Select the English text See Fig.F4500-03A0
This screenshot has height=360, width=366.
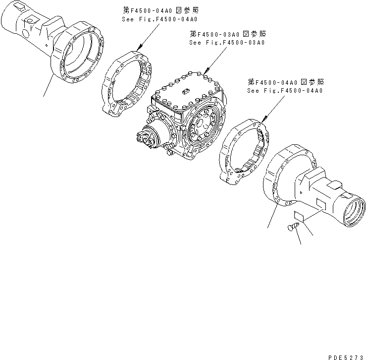pos(227,43)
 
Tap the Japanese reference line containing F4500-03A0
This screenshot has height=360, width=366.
pos(227,34)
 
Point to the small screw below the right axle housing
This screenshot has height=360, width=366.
pos(293,227)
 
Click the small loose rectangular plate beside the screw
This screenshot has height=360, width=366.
pos(299,216)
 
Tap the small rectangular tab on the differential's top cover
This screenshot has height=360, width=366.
pos(186,91)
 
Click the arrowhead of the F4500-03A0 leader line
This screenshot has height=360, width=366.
pos(204,75)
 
